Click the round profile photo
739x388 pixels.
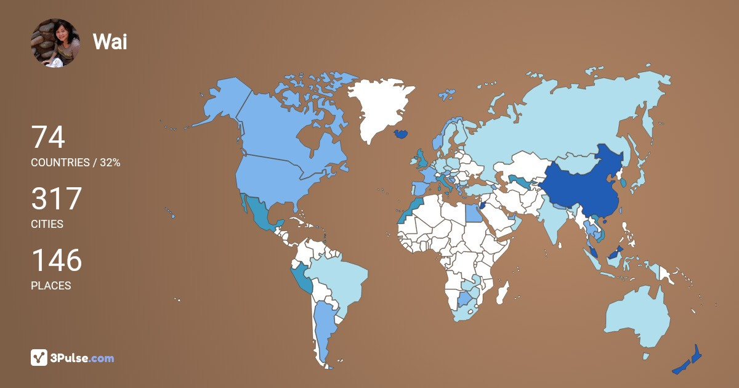point(55,42)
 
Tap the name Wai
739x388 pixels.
point(110,42)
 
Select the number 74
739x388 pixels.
point(48,137)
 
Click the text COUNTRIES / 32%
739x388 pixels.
point(75,163)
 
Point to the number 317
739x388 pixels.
point(56,199)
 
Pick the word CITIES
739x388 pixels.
point(47,224)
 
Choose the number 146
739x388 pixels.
point(56,261)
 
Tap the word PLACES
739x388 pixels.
point(50,286)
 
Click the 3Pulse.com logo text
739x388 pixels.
point(83,358)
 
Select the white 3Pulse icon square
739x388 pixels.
point(39,358)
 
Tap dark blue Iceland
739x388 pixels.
point(402,133)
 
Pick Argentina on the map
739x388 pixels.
point(323,326)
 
